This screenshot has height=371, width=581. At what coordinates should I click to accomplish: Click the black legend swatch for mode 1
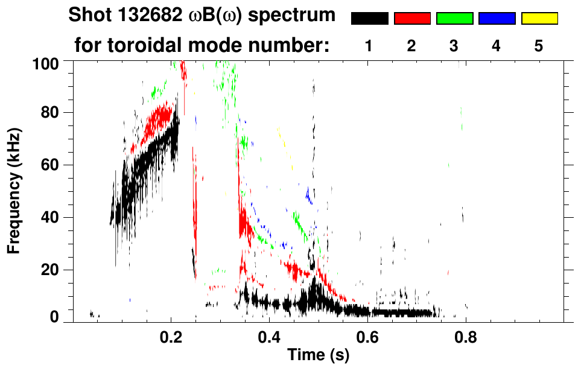tap(370, 19)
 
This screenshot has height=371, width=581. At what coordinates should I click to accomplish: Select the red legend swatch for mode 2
tap(412, 19)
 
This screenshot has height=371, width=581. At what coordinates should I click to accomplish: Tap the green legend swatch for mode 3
tap(454, 19)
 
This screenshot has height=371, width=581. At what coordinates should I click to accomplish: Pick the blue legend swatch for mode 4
tap(497, 19)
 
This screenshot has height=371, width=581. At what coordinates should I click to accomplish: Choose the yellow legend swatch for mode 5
tap(539, 19)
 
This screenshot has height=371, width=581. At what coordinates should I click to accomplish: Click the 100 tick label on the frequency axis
tap(46, 62)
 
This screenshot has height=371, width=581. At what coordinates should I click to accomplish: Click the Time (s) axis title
tap(317, 355)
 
